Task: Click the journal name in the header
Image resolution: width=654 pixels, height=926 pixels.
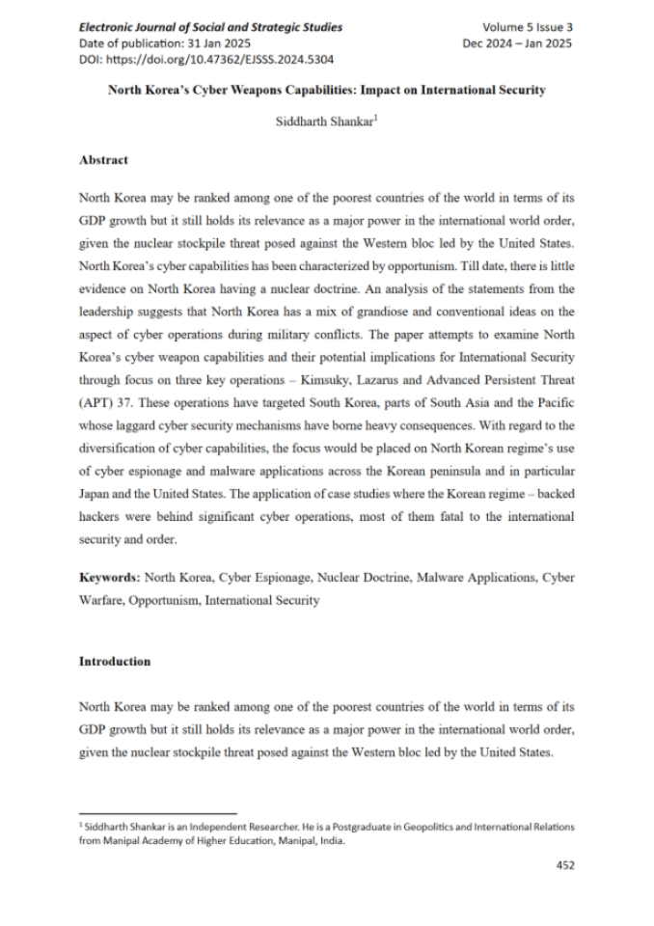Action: pos(210,27)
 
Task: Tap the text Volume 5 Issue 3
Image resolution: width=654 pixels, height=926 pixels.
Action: pos(528,27)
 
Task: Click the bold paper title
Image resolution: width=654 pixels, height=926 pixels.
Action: pos(326,91)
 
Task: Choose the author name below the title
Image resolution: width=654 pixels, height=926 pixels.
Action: pos(326,123)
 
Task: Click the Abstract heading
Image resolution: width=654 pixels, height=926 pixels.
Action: pos(103,160)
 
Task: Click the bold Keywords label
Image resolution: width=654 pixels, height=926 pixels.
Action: pos(109,578)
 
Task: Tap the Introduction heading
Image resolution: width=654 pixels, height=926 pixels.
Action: pos(115,662)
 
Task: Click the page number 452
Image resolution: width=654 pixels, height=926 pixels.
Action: pos(565,865)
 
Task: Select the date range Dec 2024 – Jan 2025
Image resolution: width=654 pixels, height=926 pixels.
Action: pos(518,43)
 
